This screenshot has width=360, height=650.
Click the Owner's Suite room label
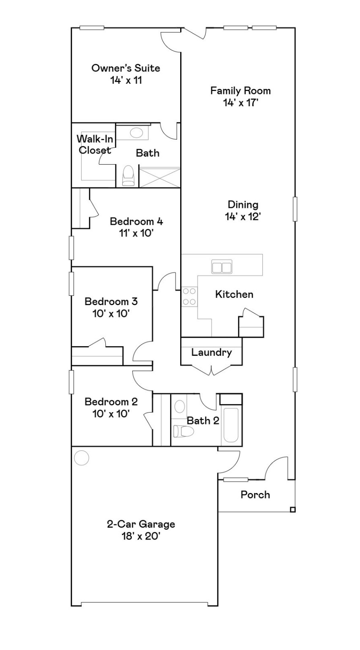coord(126,74)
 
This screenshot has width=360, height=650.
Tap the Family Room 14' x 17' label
coord(240,96)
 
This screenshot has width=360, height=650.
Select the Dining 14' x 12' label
coord(242,210)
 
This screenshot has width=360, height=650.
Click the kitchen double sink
coord(221,267)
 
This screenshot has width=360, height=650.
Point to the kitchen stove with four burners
coord(189,296)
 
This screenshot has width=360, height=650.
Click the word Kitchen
coord(234,294)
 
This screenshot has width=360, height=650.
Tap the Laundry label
coord(211,352)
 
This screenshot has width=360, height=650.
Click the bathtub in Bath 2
coord(231,424)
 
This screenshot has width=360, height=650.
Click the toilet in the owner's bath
coord(127,176)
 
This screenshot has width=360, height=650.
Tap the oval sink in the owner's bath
coord(136,133)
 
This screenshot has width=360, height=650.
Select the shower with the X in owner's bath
coord(159,176)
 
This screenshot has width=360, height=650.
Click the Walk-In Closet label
coord(94,144)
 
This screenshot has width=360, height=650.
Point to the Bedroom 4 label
coord(136,227)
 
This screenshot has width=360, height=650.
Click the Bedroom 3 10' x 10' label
coord(111,307)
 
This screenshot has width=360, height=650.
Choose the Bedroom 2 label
coord(111,407)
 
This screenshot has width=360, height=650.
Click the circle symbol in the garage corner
coord(81,457)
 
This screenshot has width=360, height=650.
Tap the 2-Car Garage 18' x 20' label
coord(140,530)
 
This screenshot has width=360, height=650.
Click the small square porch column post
coord(292,510)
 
